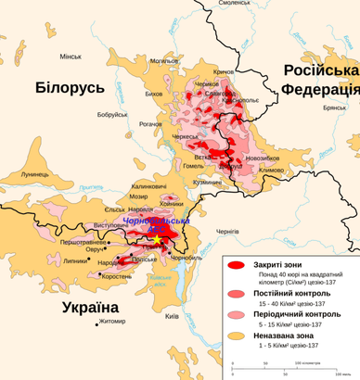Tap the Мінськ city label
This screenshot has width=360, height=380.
tap(71, 57)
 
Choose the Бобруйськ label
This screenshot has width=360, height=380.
tap(111, 114)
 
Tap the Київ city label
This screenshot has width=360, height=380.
tap(172, 316)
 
